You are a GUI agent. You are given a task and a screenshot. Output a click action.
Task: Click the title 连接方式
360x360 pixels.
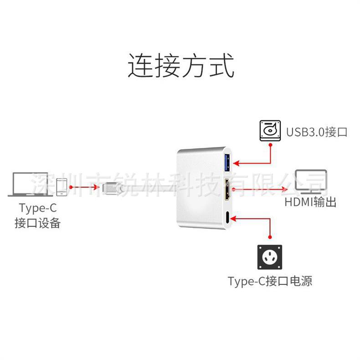pyautogui.click(x=180, y=66)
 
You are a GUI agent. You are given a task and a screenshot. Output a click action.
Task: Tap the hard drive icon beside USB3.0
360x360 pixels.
pyautogui.click(x=270, y=131)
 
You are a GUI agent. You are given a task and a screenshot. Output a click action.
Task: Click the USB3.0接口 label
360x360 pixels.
pyautogui.click(x=317, y=132)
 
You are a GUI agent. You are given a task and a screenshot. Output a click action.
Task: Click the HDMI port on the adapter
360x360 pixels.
pyautogui.click(x=227, y=189)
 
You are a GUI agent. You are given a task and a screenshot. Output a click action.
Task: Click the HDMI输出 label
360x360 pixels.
pyautogui.click(x=310, y=202)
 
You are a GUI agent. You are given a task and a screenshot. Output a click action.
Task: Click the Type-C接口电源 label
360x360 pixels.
pyautogui.click(x=270, y=281)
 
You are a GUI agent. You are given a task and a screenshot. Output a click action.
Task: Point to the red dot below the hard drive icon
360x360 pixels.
pyautogui.click(x=270, y=144)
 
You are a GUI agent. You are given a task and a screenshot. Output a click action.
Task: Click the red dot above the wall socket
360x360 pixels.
pyautogui.click(x=270, y=237)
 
